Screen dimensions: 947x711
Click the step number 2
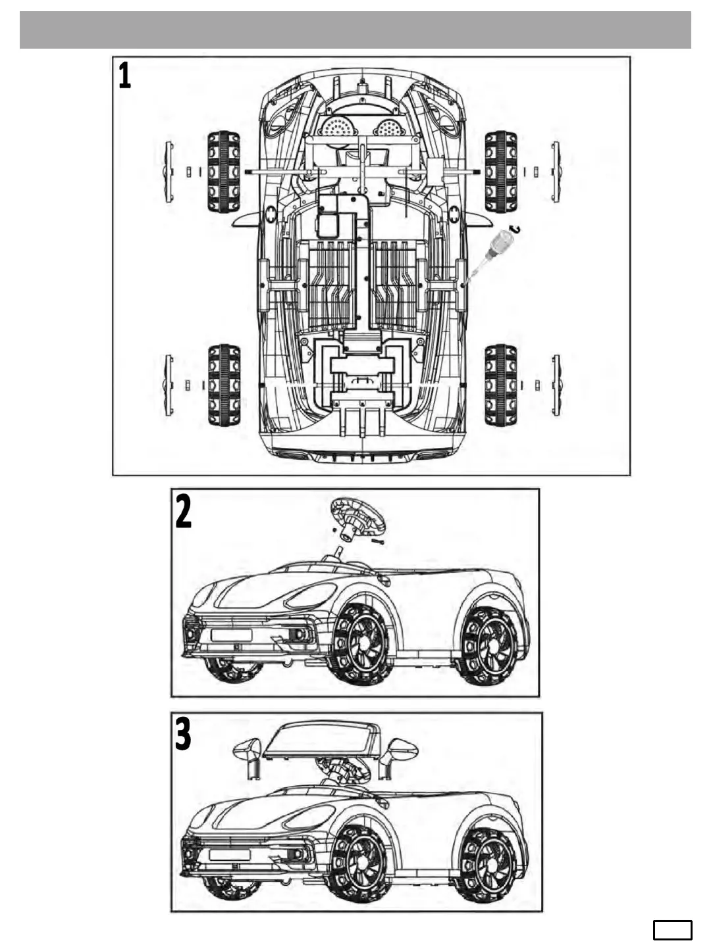[x=184, y=512]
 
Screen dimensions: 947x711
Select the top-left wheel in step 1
[x=224, y=172]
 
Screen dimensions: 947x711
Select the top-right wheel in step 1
[x=501, y=172]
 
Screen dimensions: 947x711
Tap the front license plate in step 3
[x=229, y=855]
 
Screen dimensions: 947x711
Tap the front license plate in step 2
[x=231, y=635]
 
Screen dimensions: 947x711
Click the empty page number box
[x=672, y=931]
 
